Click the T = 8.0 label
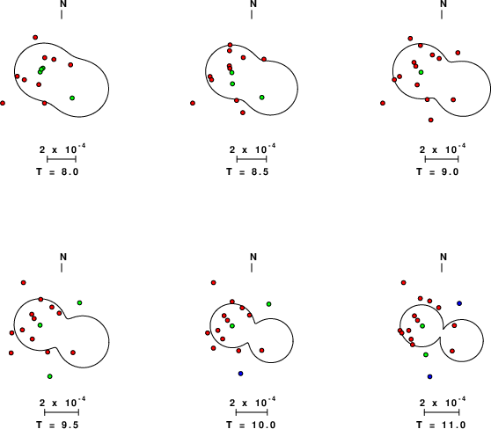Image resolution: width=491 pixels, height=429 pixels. pos(57,171)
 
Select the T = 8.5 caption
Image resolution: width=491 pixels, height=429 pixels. pos(247,171)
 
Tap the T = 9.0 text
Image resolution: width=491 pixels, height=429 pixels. pos(437,171)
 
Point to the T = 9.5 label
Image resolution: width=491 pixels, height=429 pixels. pos(57,425)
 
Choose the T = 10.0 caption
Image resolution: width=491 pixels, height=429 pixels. pos(251,425)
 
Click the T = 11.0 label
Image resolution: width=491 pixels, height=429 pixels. pos(441,425)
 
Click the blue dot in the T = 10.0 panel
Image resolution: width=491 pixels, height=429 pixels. pos(240,374)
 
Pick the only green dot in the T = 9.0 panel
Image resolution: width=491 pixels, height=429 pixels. pos(421,72)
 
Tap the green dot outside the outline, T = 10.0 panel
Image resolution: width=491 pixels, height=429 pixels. pos(268,304)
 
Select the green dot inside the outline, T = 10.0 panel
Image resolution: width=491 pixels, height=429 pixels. pos(232,326)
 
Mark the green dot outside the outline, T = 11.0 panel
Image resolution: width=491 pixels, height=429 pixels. pos(426,354)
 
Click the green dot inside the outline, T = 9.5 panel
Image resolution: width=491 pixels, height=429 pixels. pos(40,325)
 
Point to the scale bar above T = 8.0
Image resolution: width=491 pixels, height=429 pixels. pos(62,159)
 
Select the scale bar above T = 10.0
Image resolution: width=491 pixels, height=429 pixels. pos(252,412)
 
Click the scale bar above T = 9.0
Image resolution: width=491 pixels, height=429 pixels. pos(442,159)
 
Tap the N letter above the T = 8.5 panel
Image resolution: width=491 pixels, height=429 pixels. pos(253,4)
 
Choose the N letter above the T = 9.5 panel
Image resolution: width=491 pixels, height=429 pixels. pos(63,257)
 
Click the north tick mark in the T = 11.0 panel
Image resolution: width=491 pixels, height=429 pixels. pos(442,268)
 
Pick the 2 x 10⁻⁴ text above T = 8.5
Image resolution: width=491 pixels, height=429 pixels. pos(253,149)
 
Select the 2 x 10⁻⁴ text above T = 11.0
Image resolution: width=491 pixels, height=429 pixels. pos(443,402)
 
